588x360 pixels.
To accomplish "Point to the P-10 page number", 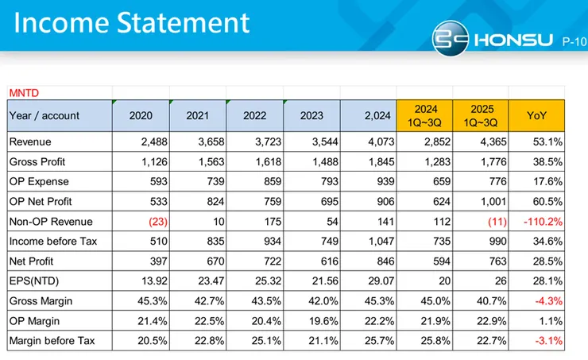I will [573, 40].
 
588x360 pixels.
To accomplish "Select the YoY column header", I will [536, 115].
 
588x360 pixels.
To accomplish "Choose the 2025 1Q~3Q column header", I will [481, 115].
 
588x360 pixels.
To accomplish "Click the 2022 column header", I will [254, 115].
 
